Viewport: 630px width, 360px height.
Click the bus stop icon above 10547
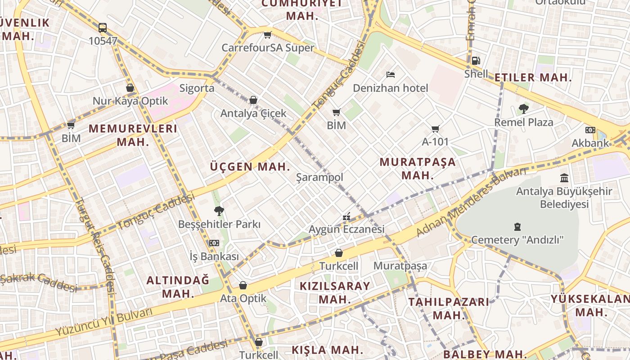(103, 28)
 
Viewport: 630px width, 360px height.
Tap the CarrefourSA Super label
(268, 48)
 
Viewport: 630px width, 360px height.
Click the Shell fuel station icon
(476, 61)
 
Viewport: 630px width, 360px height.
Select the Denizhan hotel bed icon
(390, 74)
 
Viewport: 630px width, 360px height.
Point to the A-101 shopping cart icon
(435, 129)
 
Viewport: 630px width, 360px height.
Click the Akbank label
(590, 143)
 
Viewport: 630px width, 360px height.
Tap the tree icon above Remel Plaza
(523, 108)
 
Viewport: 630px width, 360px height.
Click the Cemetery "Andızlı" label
(517, 240)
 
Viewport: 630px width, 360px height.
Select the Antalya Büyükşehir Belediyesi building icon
(564, 178)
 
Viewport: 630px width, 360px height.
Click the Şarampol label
(319, 177)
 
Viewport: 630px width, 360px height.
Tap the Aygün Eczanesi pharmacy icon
(346, 216)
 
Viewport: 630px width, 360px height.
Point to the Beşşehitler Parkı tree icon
(219, 211)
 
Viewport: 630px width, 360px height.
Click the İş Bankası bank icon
(214, 243)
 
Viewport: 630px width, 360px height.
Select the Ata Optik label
(243, 298)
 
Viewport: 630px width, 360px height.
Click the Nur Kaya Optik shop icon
(130, 88)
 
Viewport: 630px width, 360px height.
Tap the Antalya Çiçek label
(253, 113)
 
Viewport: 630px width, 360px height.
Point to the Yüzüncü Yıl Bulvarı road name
(104, 322)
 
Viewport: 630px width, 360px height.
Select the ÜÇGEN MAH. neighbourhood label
(250, 167)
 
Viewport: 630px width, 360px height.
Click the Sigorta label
(197, 88)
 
